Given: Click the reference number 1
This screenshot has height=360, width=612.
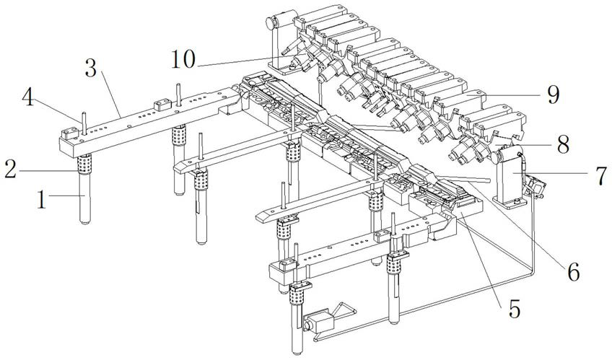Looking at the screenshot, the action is [x=42, y=200].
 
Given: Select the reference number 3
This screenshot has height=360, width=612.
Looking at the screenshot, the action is [x=91, y=68].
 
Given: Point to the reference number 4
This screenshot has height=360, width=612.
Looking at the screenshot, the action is [x=27, y=97].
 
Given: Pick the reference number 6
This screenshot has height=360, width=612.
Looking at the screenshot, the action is [x=573, y=271].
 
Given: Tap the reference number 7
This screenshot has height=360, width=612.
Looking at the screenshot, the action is [x=600, y=175].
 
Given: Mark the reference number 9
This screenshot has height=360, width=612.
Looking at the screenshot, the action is [x=553, y=95].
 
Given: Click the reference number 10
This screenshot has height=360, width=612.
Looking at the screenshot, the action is [x=183, y=60].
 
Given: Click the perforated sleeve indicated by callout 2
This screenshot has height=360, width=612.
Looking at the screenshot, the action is [x=84, y=164].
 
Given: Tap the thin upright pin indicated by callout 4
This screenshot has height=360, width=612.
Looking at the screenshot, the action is [x=84, y=123].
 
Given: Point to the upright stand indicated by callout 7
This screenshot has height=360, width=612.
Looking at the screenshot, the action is [x=510, y=177].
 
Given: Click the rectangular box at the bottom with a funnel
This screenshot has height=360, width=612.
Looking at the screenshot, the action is [x=319, y=320].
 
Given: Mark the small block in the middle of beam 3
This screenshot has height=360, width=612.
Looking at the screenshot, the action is [x=162, y=105].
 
